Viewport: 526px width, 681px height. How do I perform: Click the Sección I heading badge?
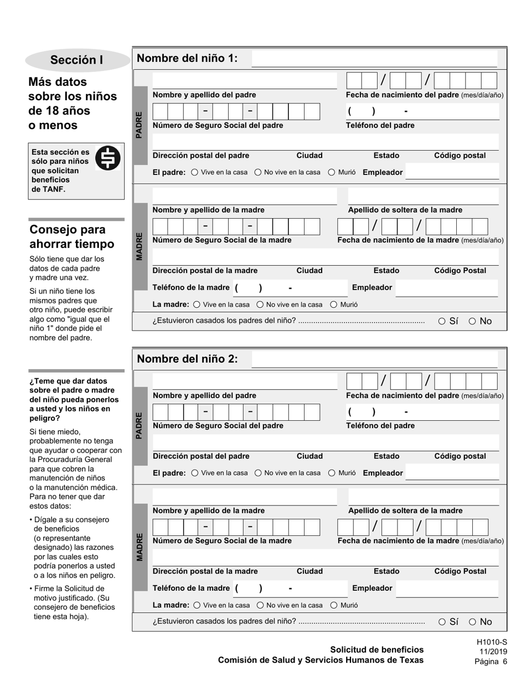(x=76, y=60)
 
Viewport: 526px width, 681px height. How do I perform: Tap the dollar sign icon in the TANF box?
(x=108, y=159)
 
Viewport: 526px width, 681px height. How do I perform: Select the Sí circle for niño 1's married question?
(x=442, y=321)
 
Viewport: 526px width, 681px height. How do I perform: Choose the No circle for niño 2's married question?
(x=472, y=622)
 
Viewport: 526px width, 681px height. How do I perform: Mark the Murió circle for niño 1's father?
(x=332, y=172)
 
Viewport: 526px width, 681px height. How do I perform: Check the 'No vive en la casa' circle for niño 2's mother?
(x=260, y=605)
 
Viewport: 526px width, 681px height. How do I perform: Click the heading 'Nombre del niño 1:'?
(x=187, y=59)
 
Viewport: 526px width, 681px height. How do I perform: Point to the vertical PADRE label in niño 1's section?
(x=139, y=125)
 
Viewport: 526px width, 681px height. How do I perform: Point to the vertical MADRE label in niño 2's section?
(x=139, y=547)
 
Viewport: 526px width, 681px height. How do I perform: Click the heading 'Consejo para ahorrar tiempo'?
(x=71, y=237)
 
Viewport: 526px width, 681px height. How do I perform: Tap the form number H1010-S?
(x=491, y=642)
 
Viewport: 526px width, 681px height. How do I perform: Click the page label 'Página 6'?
(x=491, y=662)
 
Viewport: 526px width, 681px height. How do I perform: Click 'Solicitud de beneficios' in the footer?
(x=377, y=649)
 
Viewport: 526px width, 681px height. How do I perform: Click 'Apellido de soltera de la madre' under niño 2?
(x=405, y=510)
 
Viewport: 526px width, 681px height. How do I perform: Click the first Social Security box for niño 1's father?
(x=160, y=112)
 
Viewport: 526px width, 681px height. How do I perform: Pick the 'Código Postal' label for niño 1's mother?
(x=460, y=271)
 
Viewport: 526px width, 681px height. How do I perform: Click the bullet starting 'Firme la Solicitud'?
(x=72, y=602)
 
